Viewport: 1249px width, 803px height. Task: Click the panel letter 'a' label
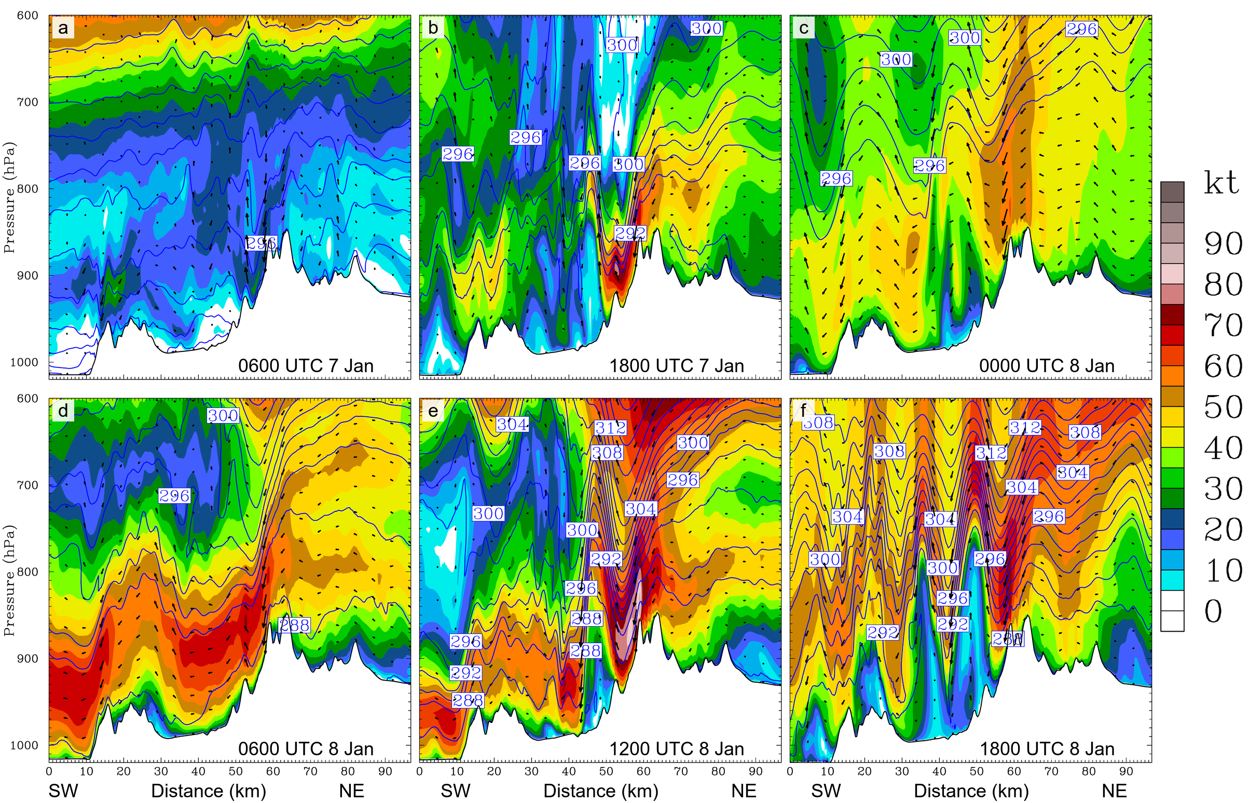point(63,28)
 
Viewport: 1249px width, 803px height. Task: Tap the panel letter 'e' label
point(433,411)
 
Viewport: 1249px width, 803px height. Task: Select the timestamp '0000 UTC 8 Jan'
point(1046,366)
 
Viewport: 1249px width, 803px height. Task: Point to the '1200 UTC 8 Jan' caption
point(676,749)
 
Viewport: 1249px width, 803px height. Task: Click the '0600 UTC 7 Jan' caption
point(306,366)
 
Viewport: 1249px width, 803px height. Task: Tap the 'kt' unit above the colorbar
point(1221,184)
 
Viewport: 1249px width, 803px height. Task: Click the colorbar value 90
point(1223,243)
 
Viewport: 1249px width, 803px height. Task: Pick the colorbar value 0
point(1213,611)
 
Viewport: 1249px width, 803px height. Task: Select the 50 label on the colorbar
point(1223,407)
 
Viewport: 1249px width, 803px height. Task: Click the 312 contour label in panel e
point(610,428)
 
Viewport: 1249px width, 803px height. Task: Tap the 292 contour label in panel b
point(630,233)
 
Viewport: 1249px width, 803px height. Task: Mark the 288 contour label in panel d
point(295,625)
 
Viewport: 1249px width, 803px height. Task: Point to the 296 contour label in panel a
point(260,243)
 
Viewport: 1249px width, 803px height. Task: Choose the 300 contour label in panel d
point(223,416)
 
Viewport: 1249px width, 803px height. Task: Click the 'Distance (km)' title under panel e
point(600,791)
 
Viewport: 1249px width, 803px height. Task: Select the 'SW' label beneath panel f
point(826,791)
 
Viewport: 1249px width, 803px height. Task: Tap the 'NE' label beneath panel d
point(351,791)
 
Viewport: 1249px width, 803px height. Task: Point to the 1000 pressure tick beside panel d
point(24,745)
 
